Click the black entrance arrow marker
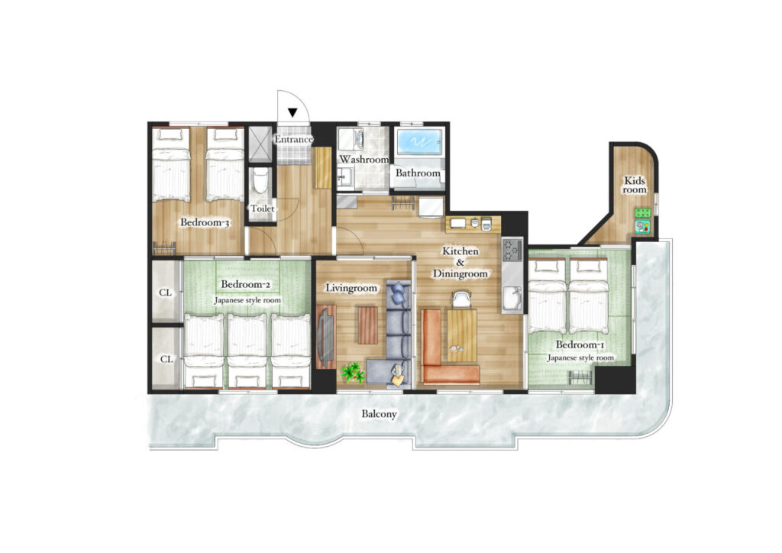(292, 113)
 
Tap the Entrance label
(294, 140)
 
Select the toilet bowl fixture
(260, 181)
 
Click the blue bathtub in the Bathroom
(419, 142)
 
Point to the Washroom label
(364, 160)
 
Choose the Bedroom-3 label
(205, 222)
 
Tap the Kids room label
(635, 185)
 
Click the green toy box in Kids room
(643, 212)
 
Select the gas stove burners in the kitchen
(512, 251)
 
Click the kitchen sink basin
(512, 300)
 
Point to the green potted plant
(353, 372)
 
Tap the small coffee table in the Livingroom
(368, 325)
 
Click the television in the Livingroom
(327, 337)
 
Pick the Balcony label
(379, 414)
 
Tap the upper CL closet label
(166, 293)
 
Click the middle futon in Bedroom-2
(247, 351)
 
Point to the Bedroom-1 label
(580, 344)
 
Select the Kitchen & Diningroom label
(460, 262)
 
